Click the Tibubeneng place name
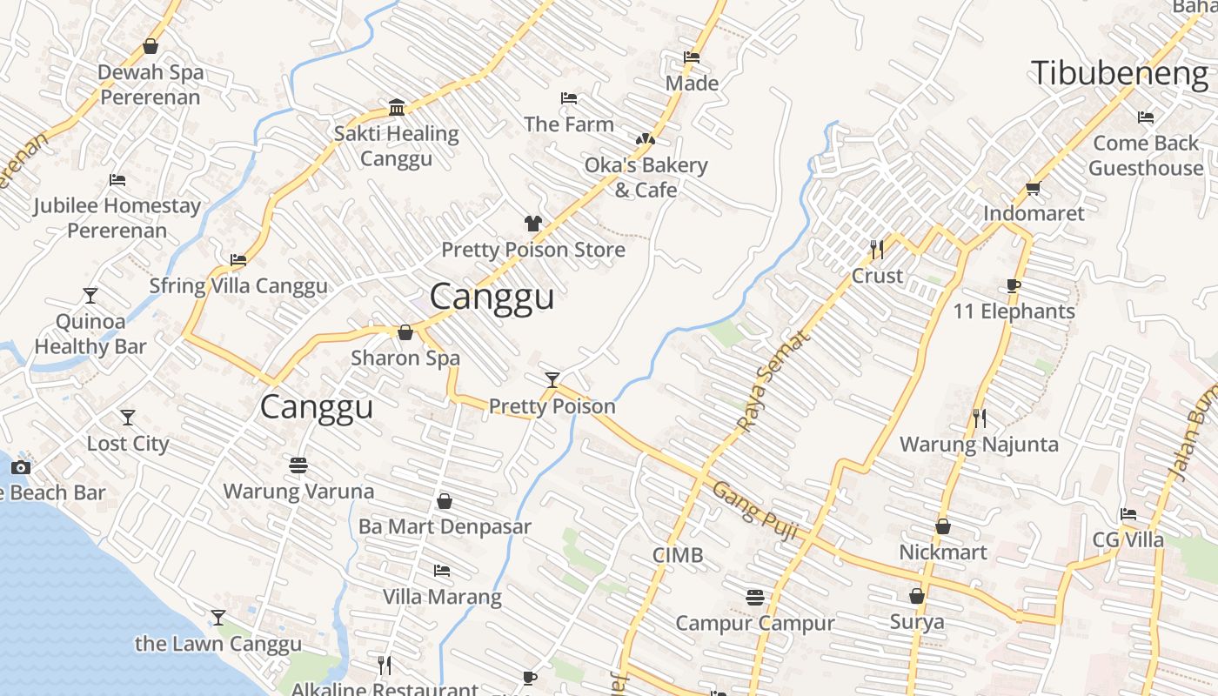1120,73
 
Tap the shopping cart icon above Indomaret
1034,188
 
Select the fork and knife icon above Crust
877,250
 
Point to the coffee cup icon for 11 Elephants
1013,285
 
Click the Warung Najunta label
979,445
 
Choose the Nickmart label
943,552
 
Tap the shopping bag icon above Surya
916,596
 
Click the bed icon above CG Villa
1128,514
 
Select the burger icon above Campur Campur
755,598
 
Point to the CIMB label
678,555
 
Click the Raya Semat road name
773,380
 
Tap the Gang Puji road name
754,512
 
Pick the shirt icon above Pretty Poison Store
533,224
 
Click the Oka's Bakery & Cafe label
646,177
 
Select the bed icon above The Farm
569,98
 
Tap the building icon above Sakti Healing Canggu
397,108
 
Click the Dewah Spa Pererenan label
151,84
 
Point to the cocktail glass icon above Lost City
128,418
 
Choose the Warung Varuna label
298,492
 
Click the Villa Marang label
442,597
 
